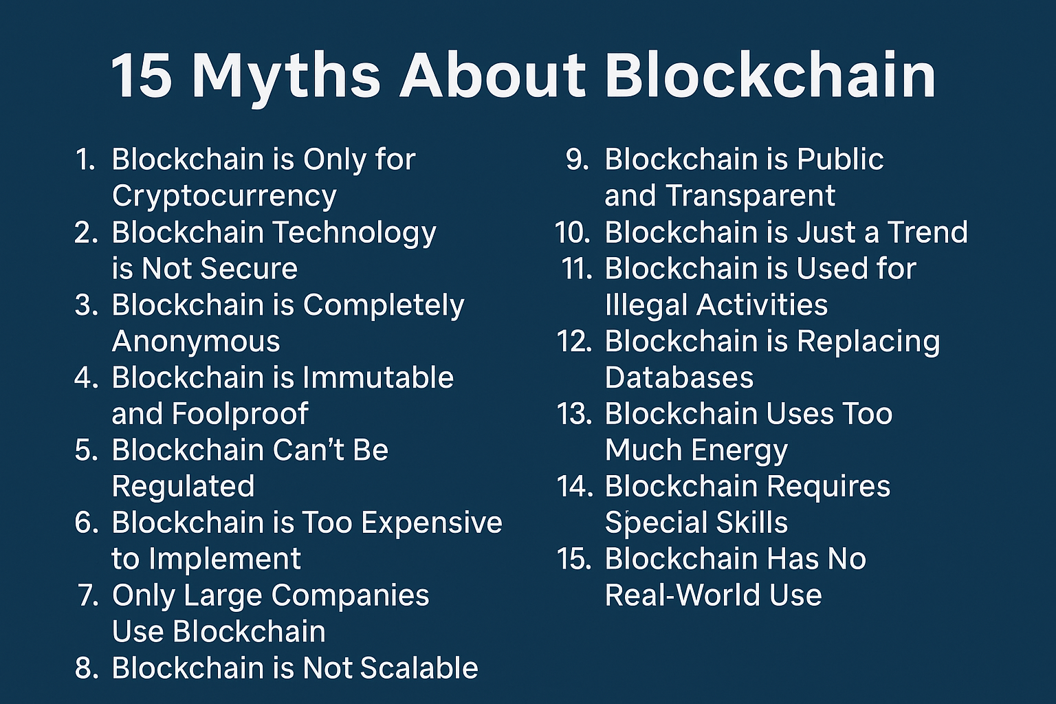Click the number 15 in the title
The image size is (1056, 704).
tap(142, 75)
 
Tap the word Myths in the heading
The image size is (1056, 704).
tap(286, 78)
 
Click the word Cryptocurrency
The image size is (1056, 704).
tap(224, 197)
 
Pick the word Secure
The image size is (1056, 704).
tap(250, 269)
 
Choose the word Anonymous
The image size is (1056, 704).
tap(196, 342)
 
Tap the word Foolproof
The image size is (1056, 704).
tap(241, 414)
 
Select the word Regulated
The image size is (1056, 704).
tap(184, 487)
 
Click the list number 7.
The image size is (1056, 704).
tap(88, 595)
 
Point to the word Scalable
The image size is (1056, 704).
tap(420, 668)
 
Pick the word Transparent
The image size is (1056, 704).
tap(751, 197)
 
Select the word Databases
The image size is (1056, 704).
tap(679, 377)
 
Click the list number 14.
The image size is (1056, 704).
tap(575, 487)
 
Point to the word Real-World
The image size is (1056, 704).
tap(682, 595)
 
